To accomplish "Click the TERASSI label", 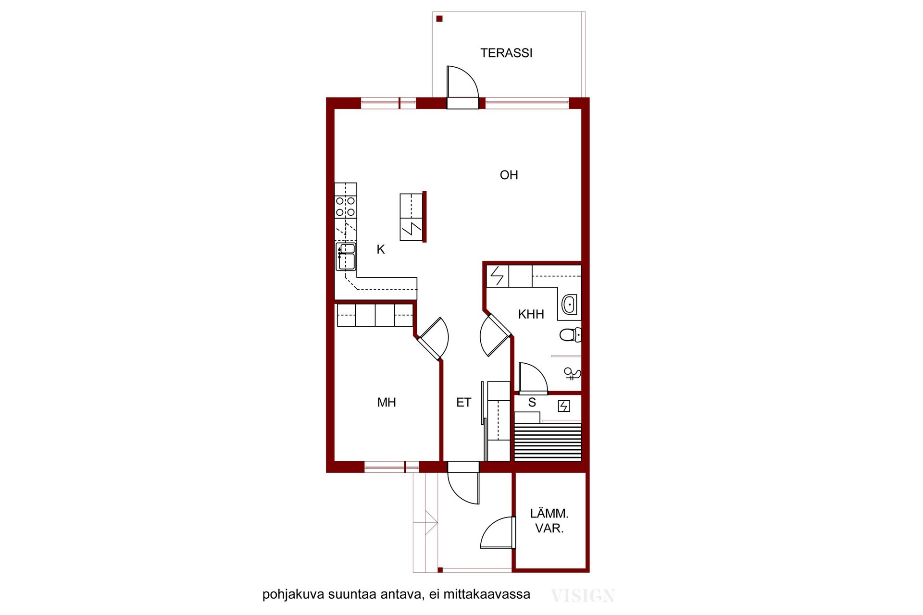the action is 506,53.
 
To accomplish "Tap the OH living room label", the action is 509,175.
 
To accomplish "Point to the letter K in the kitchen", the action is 381,249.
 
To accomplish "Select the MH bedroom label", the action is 387,402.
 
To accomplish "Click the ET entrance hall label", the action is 463,402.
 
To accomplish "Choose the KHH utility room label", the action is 531,314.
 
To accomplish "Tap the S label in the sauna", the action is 532,403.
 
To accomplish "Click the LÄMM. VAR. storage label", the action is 549,521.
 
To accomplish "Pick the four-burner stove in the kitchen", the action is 346,207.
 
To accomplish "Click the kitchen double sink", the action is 346,257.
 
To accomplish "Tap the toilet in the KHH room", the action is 571,334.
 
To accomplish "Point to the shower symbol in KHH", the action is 572,374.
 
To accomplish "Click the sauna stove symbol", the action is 564,406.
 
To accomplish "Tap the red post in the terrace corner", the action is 439,19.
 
